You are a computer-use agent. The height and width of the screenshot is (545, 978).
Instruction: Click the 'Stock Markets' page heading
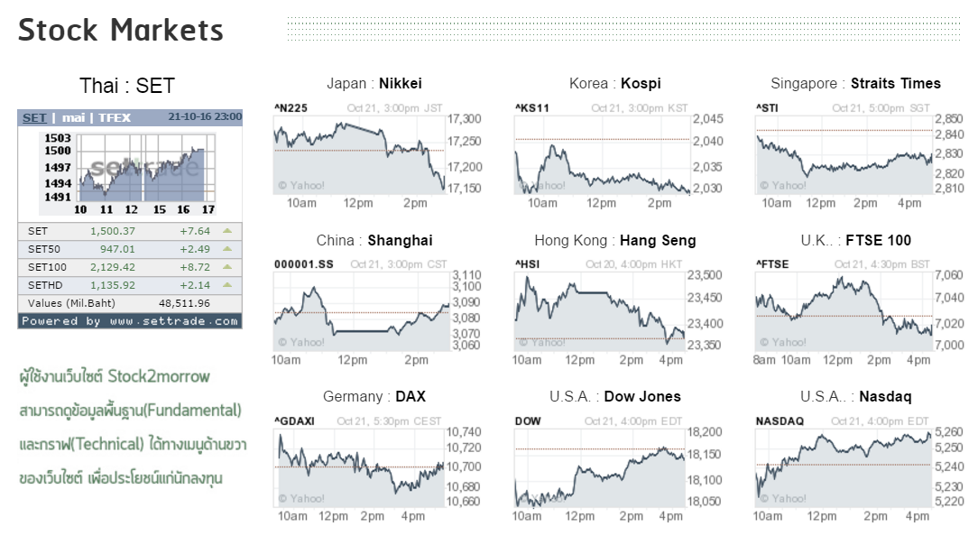click(121, 30)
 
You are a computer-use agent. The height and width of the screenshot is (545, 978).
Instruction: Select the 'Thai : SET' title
click(127, 86)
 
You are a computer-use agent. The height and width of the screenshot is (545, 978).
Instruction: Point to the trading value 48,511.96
click(184, 303)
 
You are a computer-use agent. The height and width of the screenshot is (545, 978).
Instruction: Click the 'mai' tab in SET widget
click(73, 117)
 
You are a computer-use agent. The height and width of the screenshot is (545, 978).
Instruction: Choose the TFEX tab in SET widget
click(115, 117)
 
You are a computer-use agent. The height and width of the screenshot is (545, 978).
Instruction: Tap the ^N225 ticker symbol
click(291, 108)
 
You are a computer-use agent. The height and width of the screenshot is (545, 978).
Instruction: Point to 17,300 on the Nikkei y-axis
click(465, 119)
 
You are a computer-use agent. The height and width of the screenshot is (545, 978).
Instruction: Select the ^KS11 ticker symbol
click(531, 108)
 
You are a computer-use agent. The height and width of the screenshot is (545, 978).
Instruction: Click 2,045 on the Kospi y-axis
click(707, 119)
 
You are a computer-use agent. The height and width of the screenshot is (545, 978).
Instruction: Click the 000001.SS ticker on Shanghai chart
click(304, 264)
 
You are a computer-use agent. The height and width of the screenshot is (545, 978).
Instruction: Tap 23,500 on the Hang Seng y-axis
click(705, 276)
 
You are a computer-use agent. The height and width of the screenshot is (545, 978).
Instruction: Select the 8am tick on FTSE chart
click(764, 360)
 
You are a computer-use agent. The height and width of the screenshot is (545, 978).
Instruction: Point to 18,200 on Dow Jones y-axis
click(705, 433)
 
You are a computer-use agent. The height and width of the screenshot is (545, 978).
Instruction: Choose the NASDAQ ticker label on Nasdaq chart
click(780, 421)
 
